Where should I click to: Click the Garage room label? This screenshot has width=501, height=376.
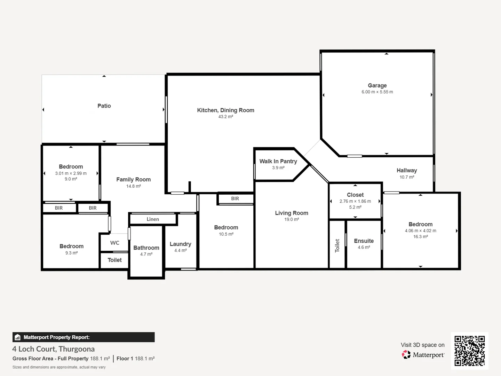pyautogui.click(x=377, y=85)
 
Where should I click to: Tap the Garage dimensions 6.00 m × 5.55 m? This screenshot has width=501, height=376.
pyautogui.click(x=377, y=92)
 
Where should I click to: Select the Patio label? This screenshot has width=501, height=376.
pyautogui.click(x=104, y=106)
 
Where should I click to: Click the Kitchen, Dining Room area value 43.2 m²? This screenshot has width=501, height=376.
pyautogui.click(x=225, y=117)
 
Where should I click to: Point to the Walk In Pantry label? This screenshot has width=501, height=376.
pyautogui.click(x=278, y=161)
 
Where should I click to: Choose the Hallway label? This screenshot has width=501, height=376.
pyautogui.click(x=407, y=170)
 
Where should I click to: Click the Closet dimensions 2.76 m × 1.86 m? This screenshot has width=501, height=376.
pyautogui.click(x=355, y=201)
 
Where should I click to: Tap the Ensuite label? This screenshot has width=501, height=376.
pyautogui.click(x=364, y=241)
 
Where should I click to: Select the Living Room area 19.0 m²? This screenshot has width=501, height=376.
pyautogui.click(x=292, y=219)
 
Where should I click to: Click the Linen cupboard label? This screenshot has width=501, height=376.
pyautogui.click(x=153, y=219)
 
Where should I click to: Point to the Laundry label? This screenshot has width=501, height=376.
pyautogui.click(x=180, y=244)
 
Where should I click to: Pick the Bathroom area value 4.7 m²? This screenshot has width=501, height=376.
pyautogui.click(x=146, y=254)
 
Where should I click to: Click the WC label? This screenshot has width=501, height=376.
pyautogui.click(x=114, y=243)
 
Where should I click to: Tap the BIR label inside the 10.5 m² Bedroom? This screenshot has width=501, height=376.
pyautogui.click(x=235, y=198)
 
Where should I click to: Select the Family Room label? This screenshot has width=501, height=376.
pyautogui.click(x=133, y=179)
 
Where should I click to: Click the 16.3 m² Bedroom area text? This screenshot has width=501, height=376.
pyautogui.click(x=420, y=236)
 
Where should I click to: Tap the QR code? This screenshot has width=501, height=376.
pyautogui.click(x=469, y=351)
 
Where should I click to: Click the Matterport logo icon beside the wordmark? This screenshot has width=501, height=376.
pyautogui.click(x=406, y=355)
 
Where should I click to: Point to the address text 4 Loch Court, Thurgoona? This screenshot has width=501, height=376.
pyautogui.click(x=54, y=349)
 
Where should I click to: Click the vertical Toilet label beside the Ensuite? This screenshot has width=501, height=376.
pyautogui.click(x=337, y=245)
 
